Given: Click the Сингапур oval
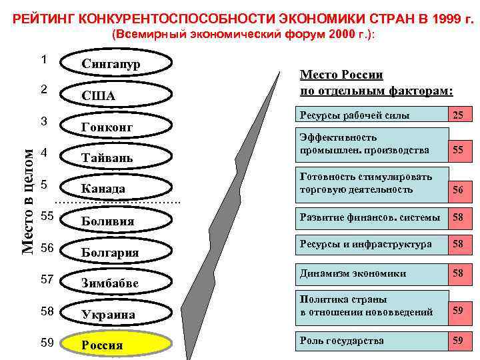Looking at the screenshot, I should pos(120,64).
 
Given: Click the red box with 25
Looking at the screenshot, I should pos(458,115).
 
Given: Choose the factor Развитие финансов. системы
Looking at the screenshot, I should pos(369,217).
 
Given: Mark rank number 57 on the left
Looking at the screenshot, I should pos(47,279).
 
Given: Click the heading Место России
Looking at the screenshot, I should pos(377,83).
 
